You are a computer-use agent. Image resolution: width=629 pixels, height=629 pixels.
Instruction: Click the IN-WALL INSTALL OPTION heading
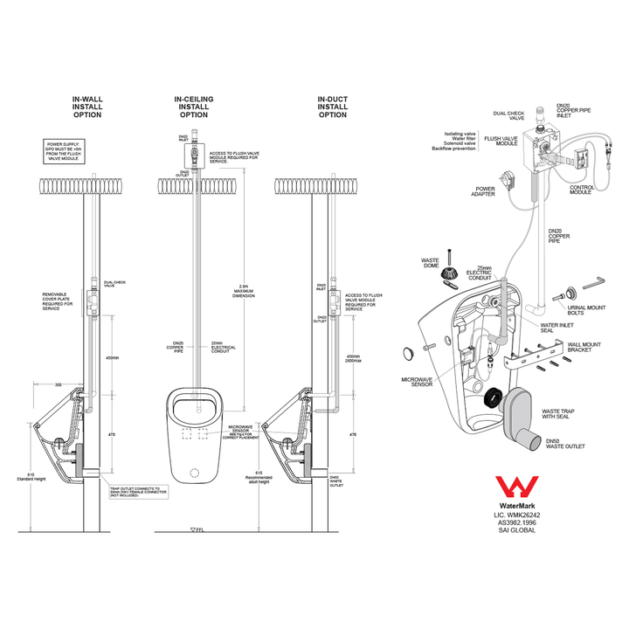[86, 107]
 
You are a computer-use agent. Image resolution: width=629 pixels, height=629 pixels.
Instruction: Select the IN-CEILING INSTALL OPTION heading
[193, 107]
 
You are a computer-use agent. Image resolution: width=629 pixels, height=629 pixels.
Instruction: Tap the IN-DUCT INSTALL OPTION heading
[332, 107]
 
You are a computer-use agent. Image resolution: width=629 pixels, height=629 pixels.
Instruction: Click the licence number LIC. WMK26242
[517, 515]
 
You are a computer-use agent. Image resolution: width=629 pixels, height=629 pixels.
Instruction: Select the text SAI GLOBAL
[517, 530]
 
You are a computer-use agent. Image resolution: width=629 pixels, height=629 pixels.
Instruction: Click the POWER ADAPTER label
[485, 191]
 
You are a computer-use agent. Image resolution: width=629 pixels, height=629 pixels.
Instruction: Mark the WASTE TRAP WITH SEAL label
[561, 413]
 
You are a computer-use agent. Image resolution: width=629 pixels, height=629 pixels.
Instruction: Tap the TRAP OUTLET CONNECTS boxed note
[135, 494]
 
